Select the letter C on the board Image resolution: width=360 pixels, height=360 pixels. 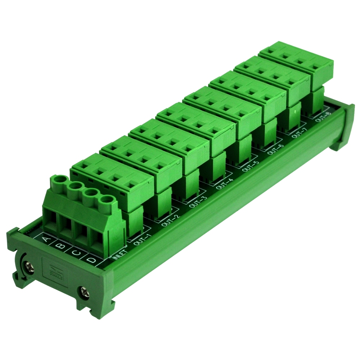tap(76, 253)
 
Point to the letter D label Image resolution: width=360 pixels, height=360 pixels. tap(92, 260)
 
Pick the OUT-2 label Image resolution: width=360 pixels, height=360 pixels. tap(170, 220)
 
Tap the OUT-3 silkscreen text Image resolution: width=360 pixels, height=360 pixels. tap(198, 202)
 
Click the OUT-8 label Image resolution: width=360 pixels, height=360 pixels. tap(323, 118)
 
